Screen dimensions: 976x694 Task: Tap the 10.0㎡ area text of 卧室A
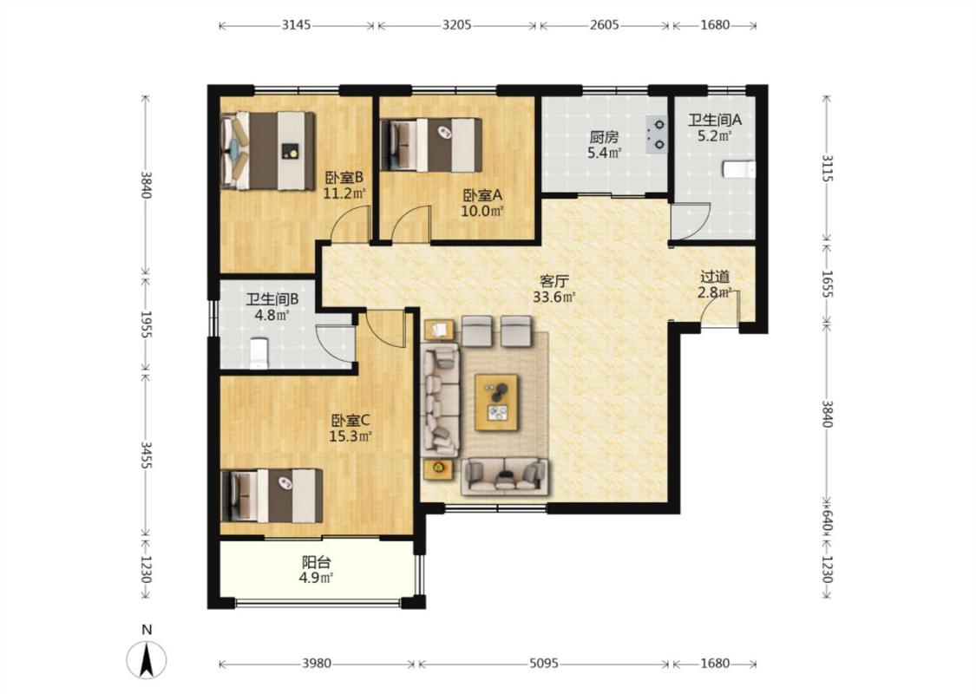click(x=481, y=211)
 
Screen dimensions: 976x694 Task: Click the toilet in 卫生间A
click(x=739, y=169)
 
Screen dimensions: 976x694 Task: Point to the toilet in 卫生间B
click(x=259, y=353)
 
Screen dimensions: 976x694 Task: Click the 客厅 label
click(x=554, y=282)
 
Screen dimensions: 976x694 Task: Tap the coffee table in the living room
click(x=496, y=402)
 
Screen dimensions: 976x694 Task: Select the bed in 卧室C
click(x=272, y=495)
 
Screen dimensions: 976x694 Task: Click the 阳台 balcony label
click(x=316, y=562)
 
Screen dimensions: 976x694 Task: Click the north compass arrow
click(x=147, y=660)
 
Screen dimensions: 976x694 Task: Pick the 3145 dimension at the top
click(x=297, y=25)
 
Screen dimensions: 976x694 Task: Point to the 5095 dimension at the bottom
click(x=543, y=664)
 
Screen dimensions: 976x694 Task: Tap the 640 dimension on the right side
click(x=827, y=517)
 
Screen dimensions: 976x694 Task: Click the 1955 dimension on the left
click(x=145, y=324)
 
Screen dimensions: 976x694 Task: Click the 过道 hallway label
click(x=715, y=277)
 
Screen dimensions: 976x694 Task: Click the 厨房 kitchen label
click(x=604, y=136)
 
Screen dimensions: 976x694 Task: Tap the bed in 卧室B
click(x=268, y=151)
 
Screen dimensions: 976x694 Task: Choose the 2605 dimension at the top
click(x=605, y=25)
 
